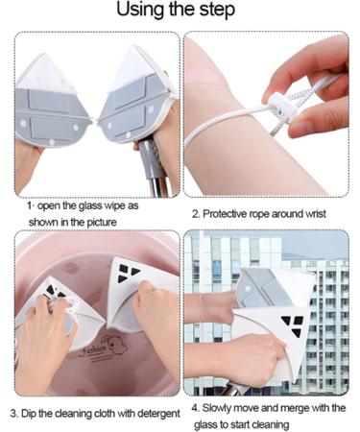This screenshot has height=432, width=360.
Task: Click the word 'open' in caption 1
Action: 54,205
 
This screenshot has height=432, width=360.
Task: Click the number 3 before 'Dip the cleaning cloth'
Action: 12,414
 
